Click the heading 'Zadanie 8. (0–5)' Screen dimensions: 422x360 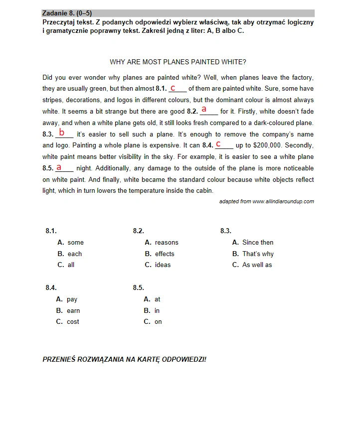point(67,13)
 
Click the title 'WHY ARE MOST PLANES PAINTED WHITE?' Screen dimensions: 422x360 point(178,62)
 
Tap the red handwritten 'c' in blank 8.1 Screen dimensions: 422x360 point(173,88)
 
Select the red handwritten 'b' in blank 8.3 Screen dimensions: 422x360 point(62,133)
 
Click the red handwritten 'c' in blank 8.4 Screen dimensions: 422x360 point(218,144)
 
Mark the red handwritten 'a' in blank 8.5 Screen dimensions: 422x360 point(59,167)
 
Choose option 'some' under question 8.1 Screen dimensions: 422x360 point(75,243)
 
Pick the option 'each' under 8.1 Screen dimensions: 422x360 point(74,254)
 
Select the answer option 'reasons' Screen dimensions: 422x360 point(166,243)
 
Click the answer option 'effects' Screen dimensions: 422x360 point(164,254)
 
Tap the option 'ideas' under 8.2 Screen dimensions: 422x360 point(163,265)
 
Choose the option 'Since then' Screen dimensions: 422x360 point(257,243)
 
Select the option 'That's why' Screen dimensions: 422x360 point(257,254)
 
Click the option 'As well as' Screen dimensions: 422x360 point(257,265)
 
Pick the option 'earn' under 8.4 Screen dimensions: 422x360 point(73,310)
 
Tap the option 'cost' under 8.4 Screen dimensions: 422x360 point(73,321)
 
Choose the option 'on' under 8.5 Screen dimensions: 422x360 point(158,321)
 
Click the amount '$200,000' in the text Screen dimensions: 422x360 point(268,145)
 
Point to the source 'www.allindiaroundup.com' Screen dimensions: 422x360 point(283,201)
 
